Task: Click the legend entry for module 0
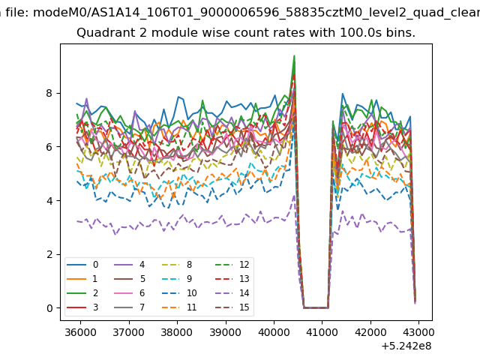[82, 265]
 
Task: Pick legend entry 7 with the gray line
[129, 307]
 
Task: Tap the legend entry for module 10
[179, 293]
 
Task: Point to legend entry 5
[129, 279]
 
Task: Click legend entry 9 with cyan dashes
[177, 279]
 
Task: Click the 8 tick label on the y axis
[49, 93]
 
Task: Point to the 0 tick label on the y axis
[49, 308]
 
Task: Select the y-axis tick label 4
[49, 201]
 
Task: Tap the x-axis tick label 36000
[80, 332]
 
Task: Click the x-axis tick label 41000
[322, 332]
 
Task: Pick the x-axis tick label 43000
[418, 332]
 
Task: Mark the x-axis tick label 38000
[177, 332]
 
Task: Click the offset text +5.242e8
[406, 346]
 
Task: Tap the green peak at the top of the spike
[294, 56]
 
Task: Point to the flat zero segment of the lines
[316, 307]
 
